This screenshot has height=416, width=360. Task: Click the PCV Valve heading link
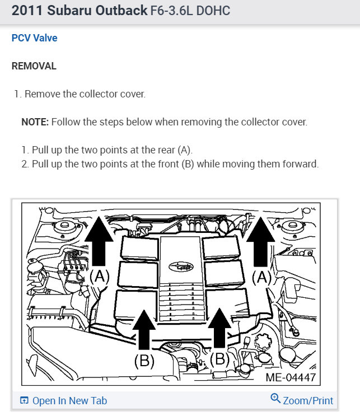coord(35,38)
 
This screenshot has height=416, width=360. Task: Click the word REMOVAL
coord(34,66)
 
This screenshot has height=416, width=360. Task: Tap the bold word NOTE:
coord(35,122)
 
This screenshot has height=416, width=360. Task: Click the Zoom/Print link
coord(308,401)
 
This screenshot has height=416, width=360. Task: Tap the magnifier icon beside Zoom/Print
coord(275,398)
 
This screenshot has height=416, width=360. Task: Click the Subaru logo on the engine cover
coord(181,267)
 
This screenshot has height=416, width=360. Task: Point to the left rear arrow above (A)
coord(99,241)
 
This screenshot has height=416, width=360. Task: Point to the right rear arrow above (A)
coord(260,241)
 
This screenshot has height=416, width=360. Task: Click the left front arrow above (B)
coord(144,330)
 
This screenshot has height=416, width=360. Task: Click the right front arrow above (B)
coord(219,328)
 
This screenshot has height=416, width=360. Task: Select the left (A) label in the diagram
coord(100,277)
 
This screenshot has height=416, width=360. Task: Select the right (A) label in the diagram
coord(262,278)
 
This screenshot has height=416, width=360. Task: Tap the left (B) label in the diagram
coord(144,361)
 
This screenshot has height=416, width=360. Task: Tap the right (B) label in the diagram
coord(219,359)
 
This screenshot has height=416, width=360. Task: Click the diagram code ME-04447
coord(291,377)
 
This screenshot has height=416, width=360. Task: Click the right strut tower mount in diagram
coord(292,226)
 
